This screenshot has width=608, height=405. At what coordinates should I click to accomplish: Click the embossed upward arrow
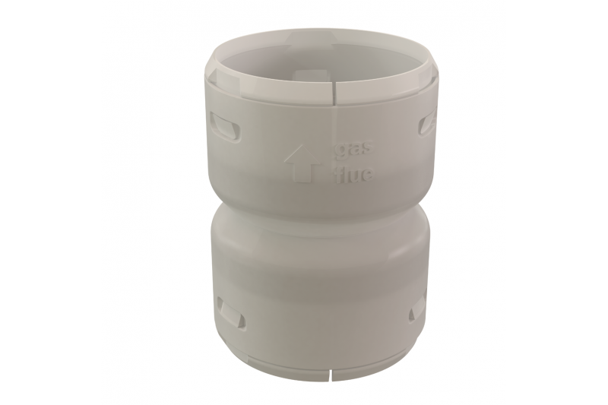pyautogui.click(x=302, y=163)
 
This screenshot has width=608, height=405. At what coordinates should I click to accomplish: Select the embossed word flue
pyautogui.click(x=353, y=174)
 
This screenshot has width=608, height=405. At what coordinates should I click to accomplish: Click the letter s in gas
pyautogui.click(x=367, y=150)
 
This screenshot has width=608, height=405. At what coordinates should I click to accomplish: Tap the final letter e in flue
pyautogui.click(x=367, y=176)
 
